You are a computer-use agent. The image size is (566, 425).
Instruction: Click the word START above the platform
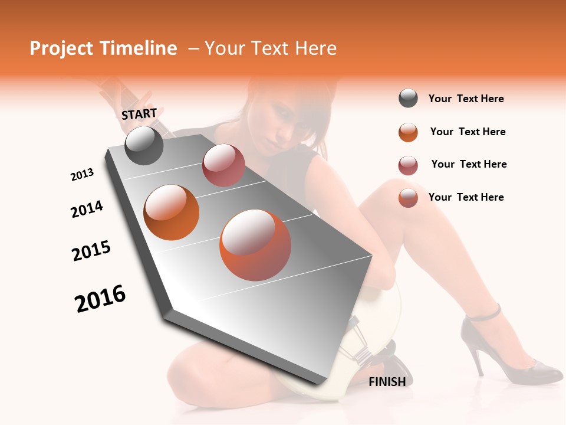139,113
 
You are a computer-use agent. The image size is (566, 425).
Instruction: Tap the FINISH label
387,382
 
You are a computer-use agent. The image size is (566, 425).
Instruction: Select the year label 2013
82,175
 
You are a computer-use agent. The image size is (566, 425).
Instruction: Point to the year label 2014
87,209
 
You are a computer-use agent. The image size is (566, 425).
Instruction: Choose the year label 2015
91,251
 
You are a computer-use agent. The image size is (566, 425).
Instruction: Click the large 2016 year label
100,299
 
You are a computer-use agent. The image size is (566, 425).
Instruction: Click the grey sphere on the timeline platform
144,145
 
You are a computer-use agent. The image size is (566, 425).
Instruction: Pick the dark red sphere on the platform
223,165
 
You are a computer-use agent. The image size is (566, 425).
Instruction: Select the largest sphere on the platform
255,244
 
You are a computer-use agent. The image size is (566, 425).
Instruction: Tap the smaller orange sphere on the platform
172,212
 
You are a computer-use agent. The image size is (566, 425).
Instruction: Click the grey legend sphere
408,99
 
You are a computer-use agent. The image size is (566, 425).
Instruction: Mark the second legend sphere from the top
408,132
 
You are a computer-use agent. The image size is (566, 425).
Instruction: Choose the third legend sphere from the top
408,165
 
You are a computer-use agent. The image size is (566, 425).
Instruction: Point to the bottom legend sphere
408,198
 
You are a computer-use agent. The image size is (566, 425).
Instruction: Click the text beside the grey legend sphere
466,99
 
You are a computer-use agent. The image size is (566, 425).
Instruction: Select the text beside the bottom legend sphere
466,197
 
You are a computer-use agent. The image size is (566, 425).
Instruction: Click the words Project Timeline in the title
103,48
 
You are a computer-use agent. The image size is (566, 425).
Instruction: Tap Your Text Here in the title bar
271,48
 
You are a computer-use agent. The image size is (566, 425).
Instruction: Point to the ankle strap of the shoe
483,314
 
